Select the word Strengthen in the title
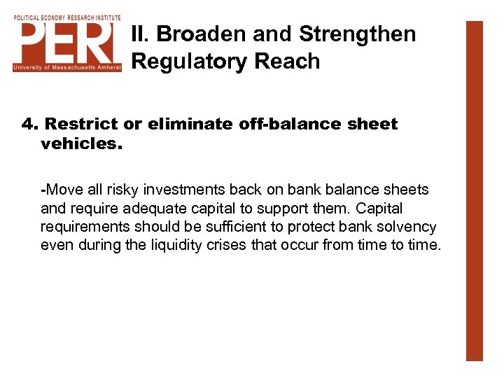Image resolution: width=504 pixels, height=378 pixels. (357, 34)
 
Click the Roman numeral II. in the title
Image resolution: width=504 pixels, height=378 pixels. (141, 34)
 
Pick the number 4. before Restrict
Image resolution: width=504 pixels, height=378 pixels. (29, 124)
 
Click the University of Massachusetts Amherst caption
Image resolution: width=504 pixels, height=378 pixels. (67, 67)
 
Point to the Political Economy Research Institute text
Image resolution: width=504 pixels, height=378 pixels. (67, 17)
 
